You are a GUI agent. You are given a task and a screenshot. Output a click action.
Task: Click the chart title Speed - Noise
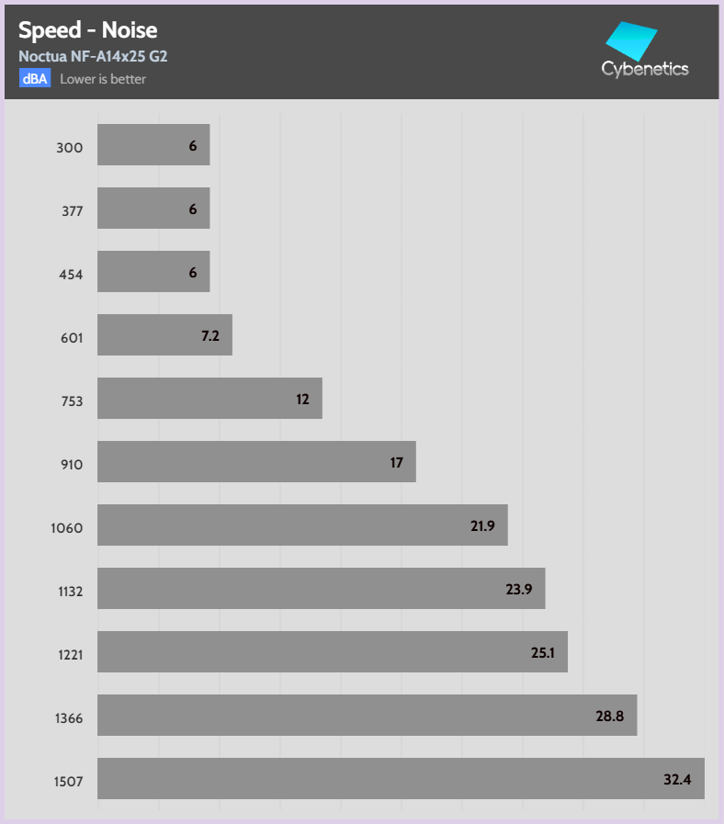click(88, 30)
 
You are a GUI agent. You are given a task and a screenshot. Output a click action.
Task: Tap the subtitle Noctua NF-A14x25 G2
click(93, 56)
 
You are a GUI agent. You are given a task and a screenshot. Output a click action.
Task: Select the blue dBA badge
click(35, 78)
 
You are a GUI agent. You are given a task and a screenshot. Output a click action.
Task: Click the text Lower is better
click(103, 79)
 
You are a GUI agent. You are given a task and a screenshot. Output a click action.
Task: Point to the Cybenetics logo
click(644, 51)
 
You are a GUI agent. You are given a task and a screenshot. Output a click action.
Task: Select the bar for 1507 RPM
click(401, 778)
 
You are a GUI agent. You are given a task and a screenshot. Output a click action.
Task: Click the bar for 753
click(209, 399)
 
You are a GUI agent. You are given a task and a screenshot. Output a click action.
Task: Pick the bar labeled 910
click(256, 462)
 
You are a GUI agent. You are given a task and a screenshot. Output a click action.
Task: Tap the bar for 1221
click(332, 651)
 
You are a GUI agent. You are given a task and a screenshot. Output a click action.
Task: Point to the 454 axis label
click(70, 275)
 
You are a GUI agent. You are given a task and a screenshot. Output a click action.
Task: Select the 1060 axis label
click(67, 528)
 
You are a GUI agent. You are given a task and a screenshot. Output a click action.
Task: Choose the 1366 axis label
click(67, 717)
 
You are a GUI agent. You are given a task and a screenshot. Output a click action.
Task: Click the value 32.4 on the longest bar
click(677, 780)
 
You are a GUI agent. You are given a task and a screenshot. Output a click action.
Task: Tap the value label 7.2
click(210, 336)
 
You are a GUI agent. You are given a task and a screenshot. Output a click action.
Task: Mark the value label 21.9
click(483, 526)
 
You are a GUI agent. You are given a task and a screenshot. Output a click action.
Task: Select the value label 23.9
click(519, 590)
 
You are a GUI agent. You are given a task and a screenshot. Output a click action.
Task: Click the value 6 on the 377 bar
click(193, 209)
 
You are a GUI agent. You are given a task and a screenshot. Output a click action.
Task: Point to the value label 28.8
click(610, 717)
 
